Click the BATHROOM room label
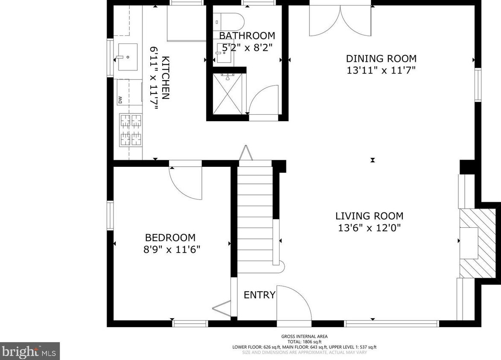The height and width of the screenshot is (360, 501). coord(247,35)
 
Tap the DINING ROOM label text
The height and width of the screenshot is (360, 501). coord(381,59)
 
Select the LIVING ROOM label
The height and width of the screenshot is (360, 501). coord(369,216)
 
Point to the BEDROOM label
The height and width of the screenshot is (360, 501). coord(170,238)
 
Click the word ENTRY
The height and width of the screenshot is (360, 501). coord(259,295)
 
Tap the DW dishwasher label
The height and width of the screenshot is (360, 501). coord(120,99)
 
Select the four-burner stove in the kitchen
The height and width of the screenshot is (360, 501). coord(130,130)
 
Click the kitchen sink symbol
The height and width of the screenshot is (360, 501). coord(126,56)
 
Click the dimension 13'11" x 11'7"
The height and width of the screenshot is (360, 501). coord(381,70)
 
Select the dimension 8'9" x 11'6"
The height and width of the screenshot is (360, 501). coord(172,249)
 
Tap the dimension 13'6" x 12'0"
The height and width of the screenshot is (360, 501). coord(370,228)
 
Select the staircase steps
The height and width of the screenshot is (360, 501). coord(255,218)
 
